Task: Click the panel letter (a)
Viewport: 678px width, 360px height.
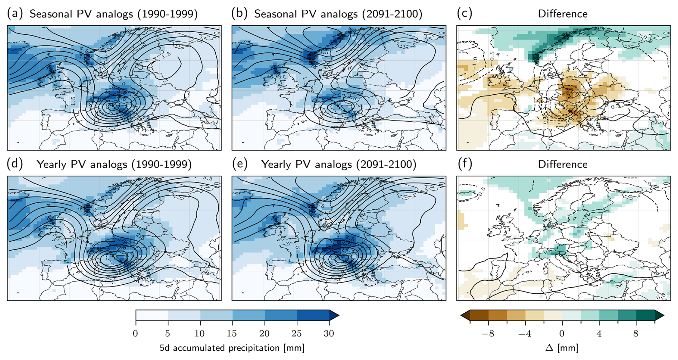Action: click(x=15, y=14)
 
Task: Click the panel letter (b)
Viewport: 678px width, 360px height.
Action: click(x=239, y=14)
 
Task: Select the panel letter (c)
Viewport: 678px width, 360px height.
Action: click(x=464, y=14)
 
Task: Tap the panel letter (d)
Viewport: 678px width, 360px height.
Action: click(x=15, y=164)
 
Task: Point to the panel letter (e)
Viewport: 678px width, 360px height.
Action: click(x=239, y=164)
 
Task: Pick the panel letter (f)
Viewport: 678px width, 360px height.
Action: click(x=465, y=164)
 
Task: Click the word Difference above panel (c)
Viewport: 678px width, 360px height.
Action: click(x=563, y=14)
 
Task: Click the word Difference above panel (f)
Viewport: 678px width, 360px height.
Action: click(x=563, y=164)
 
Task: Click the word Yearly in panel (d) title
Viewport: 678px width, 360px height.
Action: click(x=52, y=164)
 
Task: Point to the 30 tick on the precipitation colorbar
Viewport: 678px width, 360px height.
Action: click(x=329, y=333)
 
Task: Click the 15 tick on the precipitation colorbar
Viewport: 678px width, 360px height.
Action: click(x=232, y=333)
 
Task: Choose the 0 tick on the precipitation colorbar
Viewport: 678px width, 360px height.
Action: click(x=135, y=333)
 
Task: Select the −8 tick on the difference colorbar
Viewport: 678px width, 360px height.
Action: click(x=487, y=333)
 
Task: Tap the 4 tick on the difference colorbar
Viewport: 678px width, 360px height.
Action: click(x=599, y=333)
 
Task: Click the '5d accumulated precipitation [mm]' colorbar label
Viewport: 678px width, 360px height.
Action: click(x=232, y=348)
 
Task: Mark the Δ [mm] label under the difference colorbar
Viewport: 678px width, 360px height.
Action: click(x=562, y=348)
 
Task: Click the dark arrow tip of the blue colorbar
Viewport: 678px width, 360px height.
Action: click(x=334, y=315)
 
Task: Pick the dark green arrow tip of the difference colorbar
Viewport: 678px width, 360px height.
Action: click(x=659, y=315)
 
